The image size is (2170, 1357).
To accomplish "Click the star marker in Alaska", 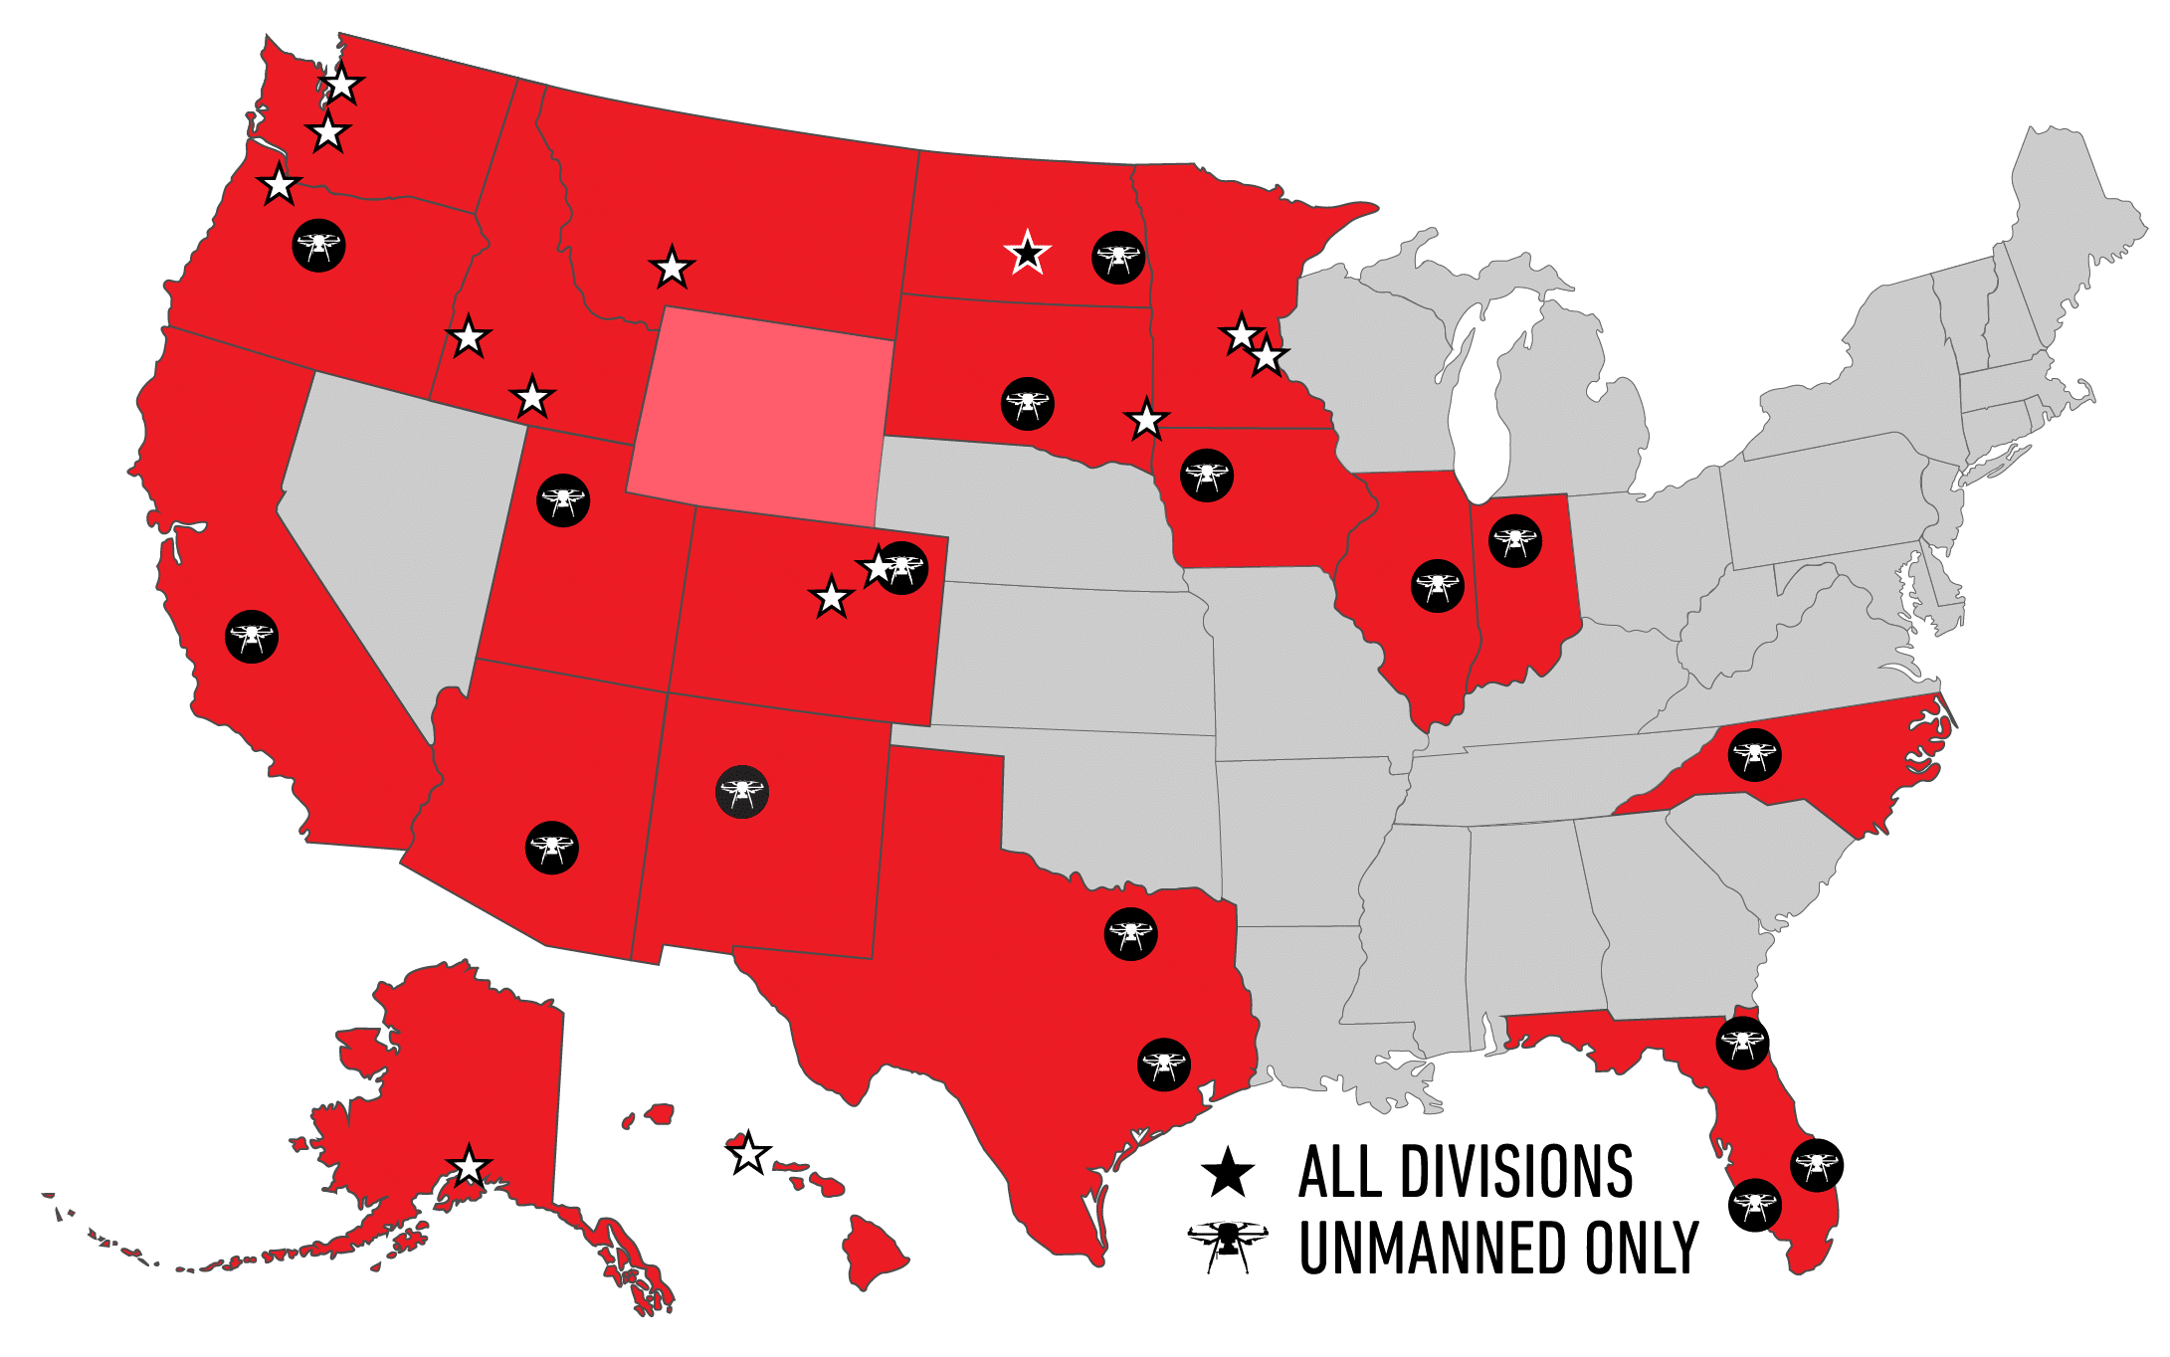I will [x=469, y=1166].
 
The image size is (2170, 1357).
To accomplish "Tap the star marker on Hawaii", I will [x=748, y=1154].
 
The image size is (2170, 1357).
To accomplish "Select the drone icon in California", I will [x=252, y=637].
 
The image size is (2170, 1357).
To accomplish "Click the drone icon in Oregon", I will [x=318, y=245].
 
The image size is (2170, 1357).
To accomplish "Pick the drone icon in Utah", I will [x=563, y=500].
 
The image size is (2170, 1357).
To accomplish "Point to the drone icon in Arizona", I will [x=552, y=848].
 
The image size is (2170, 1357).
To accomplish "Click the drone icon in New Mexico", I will [x=742, y=792].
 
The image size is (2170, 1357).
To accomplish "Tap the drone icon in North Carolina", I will [x=1754, y=755].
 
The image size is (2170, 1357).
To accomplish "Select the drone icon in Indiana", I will [x=1515, y=541].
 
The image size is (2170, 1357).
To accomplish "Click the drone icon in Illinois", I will [x=1438, y=586].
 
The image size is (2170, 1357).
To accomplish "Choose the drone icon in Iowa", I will [x=1207, y=476].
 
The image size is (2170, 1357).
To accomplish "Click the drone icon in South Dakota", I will [x=1028, y=404].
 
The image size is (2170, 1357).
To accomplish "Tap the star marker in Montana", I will [x=672, y=268].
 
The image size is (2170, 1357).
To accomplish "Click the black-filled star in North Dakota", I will [x=1027, y=254].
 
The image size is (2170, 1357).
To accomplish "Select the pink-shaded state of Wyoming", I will [x=761, y=418].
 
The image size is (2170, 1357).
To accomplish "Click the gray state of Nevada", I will [x=398, y=517].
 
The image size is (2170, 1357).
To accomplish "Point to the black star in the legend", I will [x=1228, y=1173].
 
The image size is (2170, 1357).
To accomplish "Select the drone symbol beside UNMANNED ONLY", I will [x=1228, y=1245].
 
